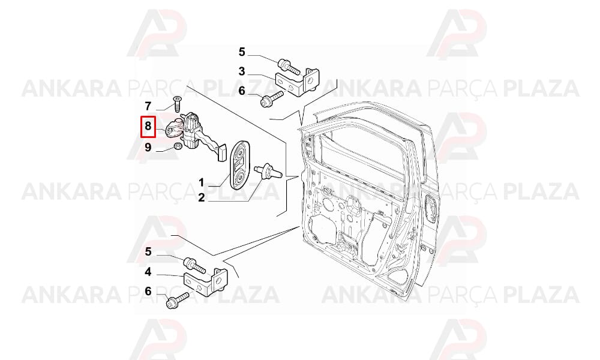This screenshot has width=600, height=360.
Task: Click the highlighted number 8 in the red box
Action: (x=148, y=126)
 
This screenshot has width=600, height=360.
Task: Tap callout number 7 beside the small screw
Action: (x=148, y=106)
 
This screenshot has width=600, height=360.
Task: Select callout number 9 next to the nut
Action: (x=148, y=147)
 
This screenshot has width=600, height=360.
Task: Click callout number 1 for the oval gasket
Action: (x=201, y=182)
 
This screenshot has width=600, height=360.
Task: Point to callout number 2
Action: (x=201, y=198)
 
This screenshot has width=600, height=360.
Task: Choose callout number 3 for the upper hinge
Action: (x=241, y=71)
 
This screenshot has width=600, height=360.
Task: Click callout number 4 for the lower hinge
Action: (x=148, y=272)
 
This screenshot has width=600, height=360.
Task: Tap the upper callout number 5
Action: (x=241, y=52)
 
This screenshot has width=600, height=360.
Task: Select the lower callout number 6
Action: (x=148, y=292)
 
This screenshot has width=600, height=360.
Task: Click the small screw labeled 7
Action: (x=178, y=104)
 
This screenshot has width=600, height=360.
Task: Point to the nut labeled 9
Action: (x=177, y=146)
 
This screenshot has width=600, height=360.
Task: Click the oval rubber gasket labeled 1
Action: (x=240, y=165)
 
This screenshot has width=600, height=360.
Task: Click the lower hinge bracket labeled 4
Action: (x=207, y=281)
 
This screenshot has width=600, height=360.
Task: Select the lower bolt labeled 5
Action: (x=194, y=265)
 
